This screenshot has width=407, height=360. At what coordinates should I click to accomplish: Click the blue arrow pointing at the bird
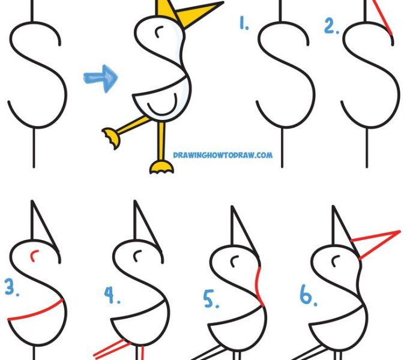coord(100,79)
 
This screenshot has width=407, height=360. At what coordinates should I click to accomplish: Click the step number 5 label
coord(211,298)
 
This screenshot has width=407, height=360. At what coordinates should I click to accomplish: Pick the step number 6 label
coord(307,296)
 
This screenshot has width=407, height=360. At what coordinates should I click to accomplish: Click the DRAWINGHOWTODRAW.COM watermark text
coord(222,155)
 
